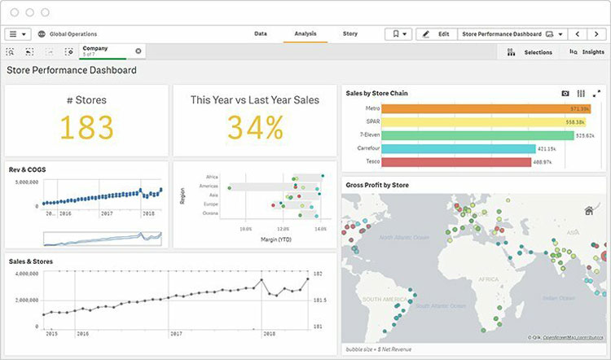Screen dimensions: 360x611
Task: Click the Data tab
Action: tap(261, 34)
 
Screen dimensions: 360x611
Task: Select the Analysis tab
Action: tap(305, 34)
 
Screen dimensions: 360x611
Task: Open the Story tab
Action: tap(350, 34)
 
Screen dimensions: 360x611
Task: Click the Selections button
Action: tap(530, 52)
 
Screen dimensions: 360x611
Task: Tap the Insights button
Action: tap(587, 52)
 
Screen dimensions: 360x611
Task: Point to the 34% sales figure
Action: tap(255, 127)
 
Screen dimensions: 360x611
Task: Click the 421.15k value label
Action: tap(547, 149)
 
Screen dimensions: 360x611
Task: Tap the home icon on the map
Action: tap(589, 211)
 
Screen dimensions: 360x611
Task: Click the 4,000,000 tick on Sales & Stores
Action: tap(24, 274)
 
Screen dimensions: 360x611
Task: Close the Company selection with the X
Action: tap(138, 50)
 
